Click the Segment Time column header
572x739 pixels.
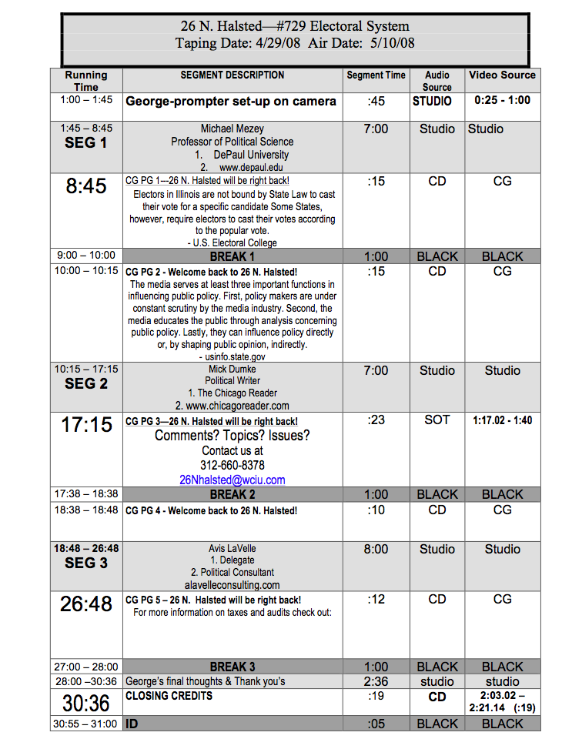(376, 75)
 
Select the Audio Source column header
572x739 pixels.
(437, 81)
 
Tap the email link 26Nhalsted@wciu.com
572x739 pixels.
(232, 480)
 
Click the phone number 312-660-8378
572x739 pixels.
(232, 465)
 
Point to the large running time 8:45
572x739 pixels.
(86, 186)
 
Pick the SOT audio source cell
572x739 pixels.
(437, 420)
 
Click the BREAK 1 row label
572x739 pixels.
(232, 256)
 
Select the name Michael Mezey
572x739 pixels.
(232, 129)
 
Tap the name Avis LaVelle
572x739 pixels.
(232, 549)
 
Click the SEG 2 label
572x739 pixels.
(86, 383)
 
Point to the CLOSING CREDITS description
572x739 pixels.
(169, 696)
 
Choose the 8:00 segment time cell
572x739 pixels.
(376, 549)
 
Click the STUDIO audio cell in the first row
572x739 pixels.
(432, 101)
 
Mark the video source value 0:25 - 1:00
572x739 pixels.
(502, 100)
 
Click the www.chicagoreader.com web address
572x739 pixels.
(232, 406)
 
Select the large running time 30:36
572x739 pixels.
(86, 704)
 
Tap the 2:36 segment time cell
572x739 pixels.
(376, 681)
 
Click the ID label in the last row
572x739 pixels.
(132, 724)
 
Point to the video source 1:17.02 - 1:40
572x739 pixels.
(502, 420)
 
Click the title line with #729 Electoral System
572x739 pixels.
(295, 27)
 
